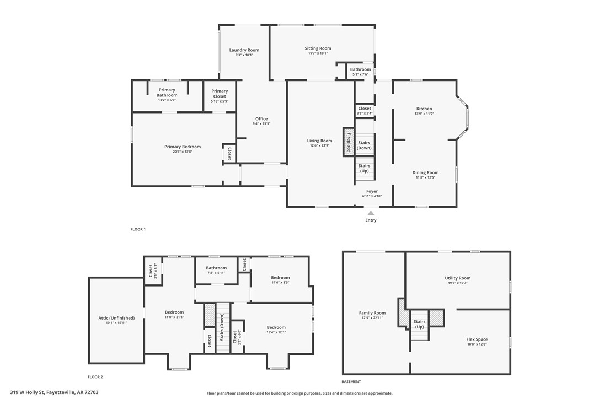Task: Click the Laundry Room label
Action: (x=244, y=50)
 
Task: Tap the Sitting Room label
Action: (x=318, y=48)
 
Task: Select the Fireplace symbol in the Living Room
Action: (x=349, y=141)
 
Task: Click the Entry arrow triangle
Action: (x=371, y=213)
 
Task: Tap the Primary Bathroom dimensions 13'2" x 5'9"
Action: (x=167, y=101)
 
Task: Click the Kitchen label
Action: (x=424, y=109)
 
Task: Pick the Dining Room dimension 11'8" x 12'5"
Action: (x=425, y=178)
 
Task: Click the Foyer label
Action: (x=372, y=191)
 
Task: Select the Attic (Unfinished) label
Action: (x=116, y=318)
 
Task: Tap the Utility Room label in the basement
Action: (x=457, y=278)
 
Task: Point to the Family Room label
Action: (x=372, y=313)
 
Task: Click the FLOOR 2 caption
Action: (x=95, y=377)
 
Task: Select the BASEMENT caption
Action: (x=351, y=381)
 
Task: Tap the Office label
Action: (x=261, y=119)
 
